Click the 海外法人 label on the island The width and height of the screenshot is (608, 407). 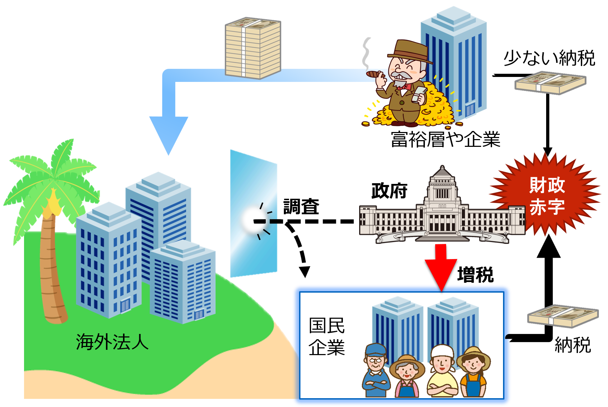coord(112,342)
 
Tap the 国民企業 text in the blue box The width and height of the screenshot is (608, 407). coord(326,336)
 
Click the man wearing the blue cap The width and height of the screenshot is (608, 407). coord(375,371)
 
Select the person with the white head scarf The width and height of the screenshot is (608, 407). coord(442,371)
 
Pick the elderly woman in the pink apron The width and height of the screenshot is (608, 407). coord(407,376)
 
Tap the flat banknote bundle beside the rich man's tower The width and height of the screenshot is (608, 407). coord(550,83)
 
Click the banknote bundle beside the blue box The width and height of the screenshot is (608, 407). coord(563,316)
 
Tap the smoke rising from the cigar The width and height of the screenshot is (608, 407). coord(367,53)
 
